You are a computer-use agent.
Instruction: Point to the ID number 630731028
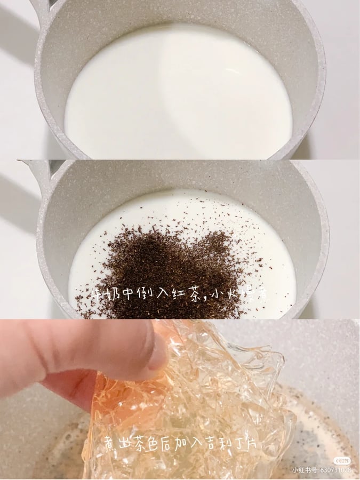(x=335, y=470)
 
